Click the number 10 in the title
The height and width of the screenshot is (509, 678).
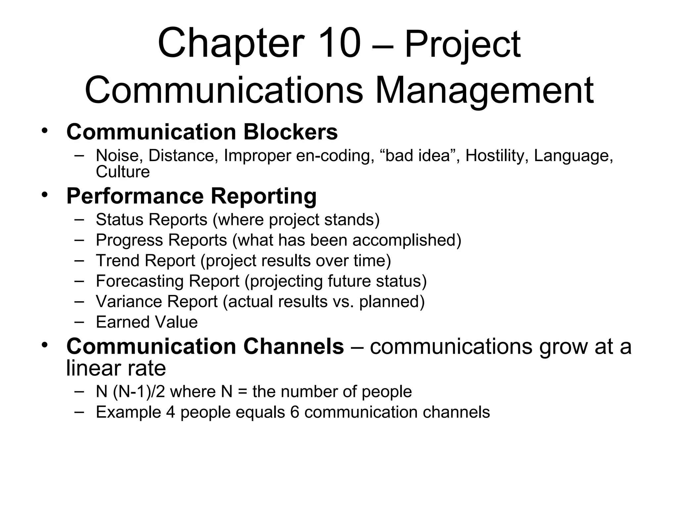click(340, 43)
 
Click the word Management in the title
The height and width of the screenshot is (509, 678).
click(484, 90)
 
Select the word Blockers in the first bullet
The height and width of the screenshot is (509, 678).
click(290, 132)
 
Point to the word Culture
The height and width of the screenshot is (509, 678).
click(123, 172)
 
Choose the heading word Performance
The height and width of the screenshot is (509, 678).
click(135, 196)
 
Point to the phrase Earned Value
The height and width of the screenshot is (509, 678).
click(147, 322)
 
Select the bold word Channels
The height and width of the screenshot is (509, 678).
click(294, 346)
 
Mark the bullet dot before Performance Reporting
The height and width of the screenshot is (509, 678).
click(45, 194)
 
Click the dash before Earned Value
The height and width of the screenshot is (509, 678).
click(79, 321)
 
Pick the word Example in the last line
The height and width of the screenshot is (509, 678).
click(128, 412)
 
